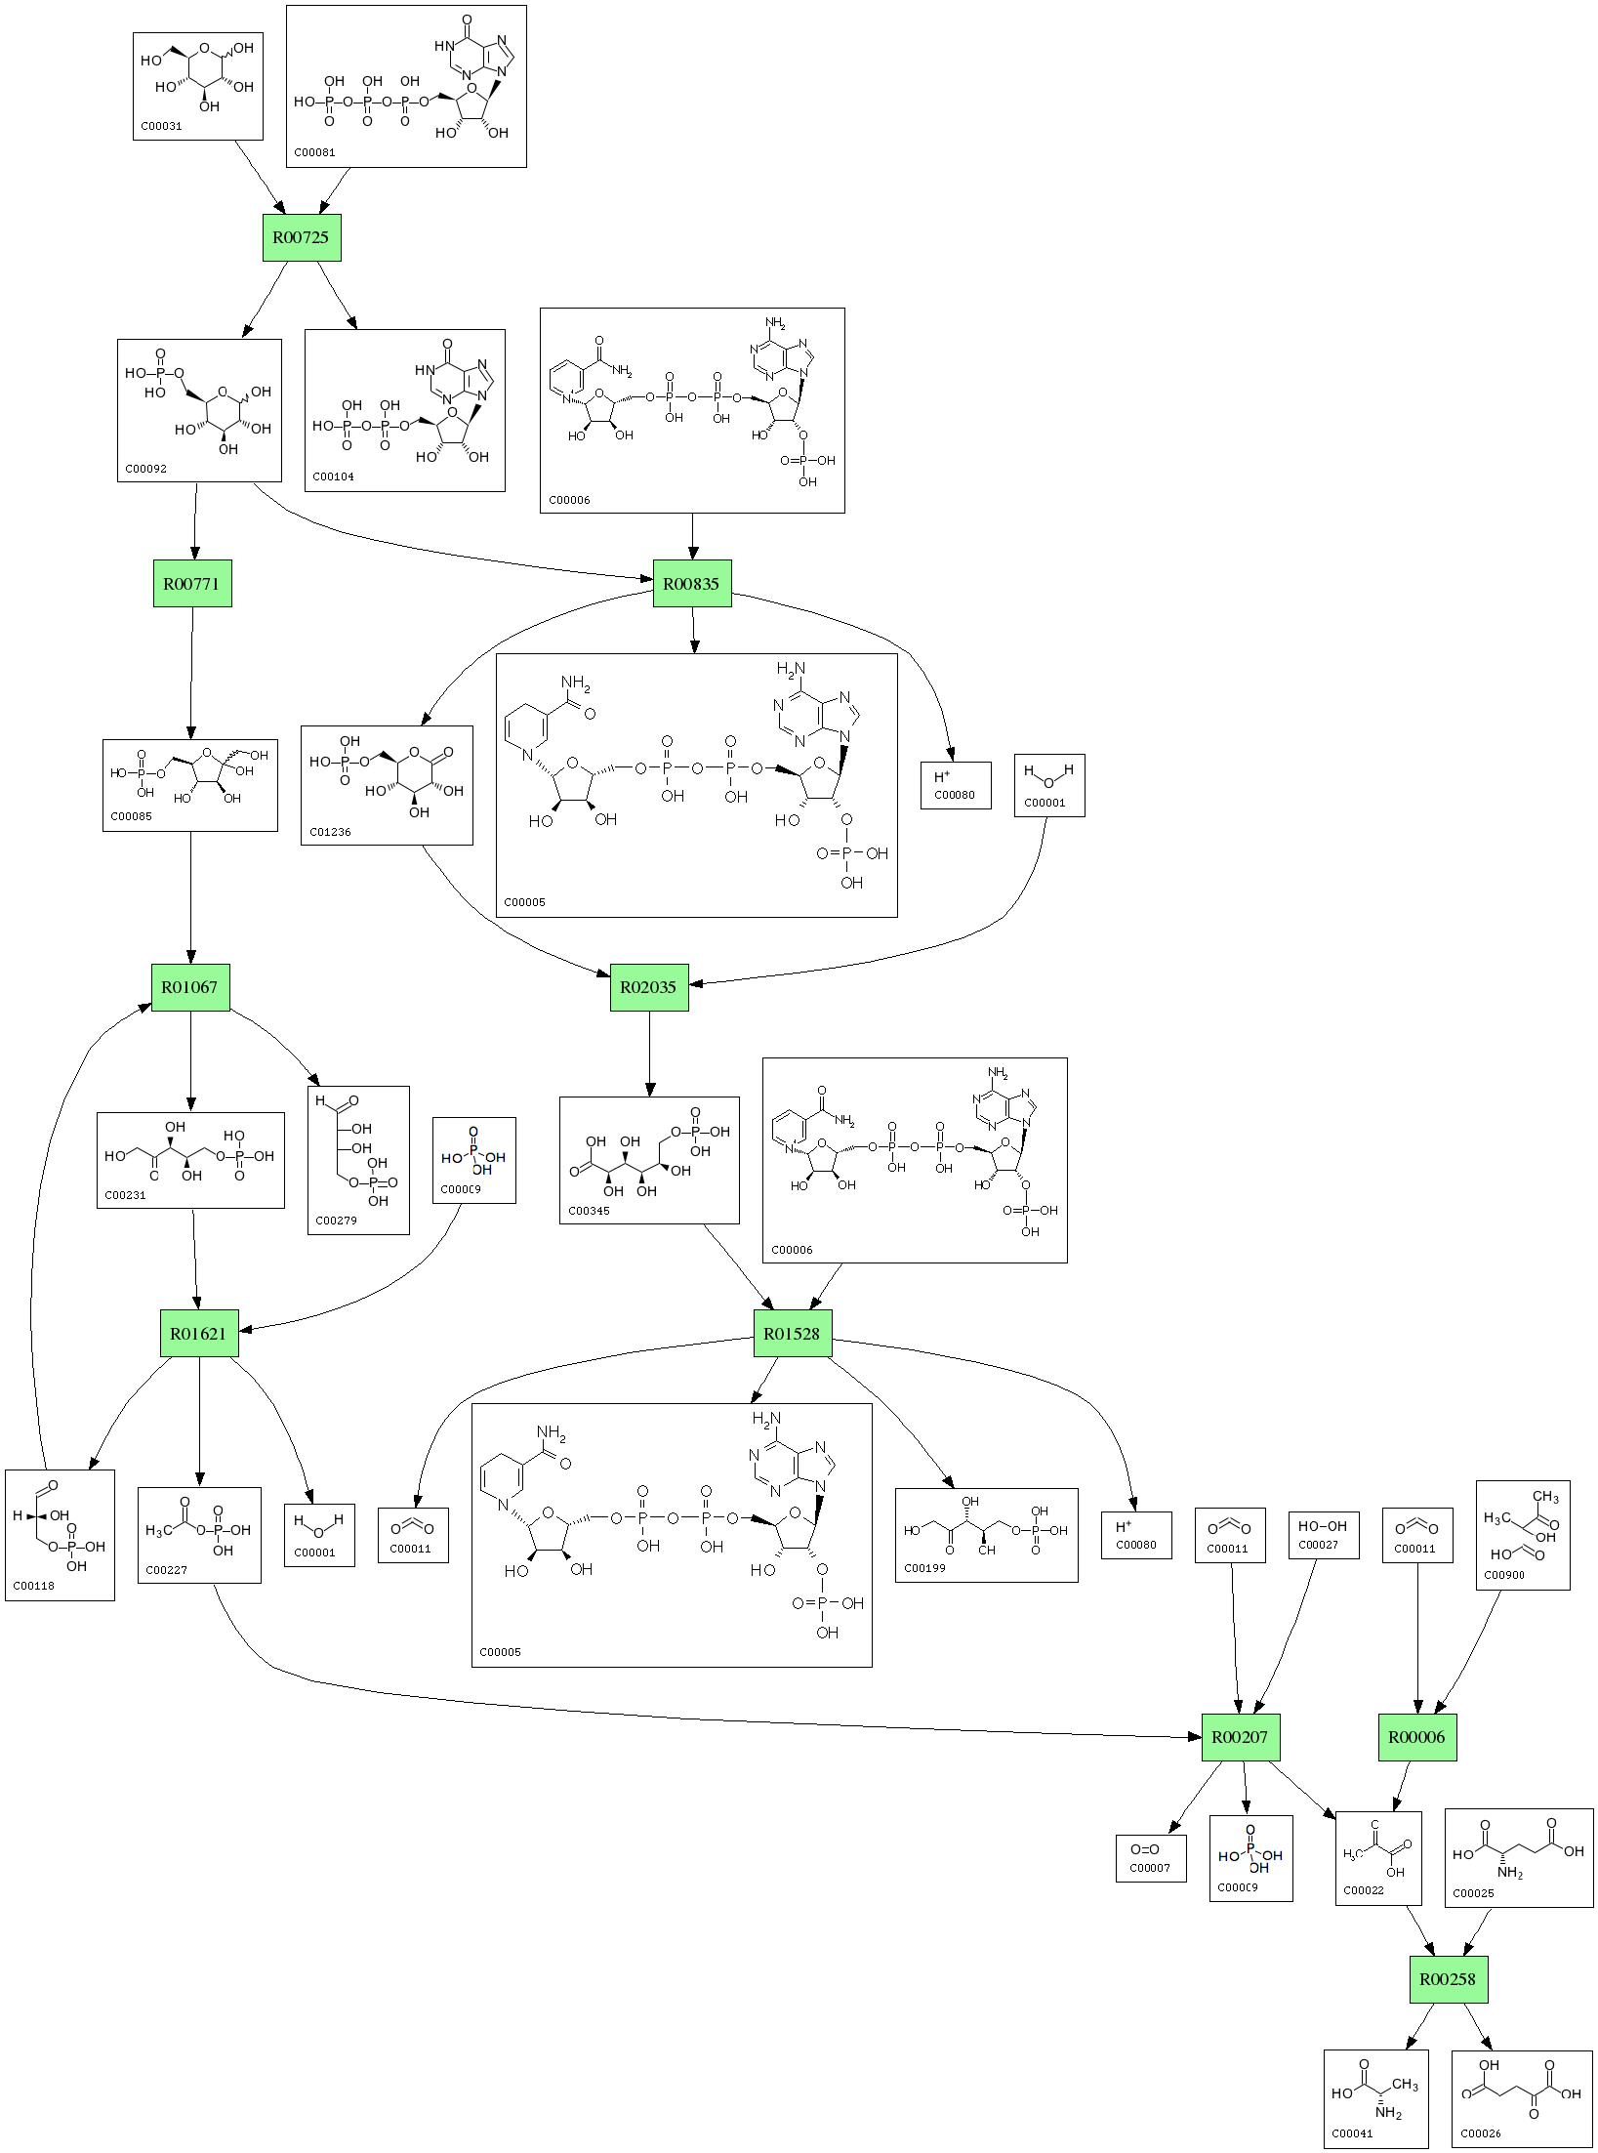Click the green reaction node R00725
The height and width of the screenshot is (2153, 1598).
point(302,237)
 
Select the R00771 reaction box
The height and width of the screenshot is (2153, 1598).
point(192,584)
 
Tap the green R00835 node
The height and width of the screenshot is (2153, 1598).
point(691,584)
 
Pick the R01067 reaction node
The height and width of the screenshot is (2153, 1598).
point(190,986)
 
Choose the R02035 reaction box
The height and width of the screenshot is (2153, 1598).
point(649,986)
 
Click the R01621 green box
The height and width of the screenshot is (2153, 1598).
point(199,1333)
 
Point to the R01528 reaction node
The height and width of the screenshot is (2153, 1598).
point(792,1333)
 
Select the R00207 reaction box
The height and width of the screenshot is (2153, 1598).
point(1240,1737)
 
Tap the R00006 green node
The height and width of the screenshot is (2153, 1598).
point(1417,1737)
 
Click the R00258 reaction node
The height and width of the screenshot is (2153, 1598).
point(1448,1979)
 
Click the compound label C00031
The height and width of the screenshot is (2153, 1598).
point(161,126)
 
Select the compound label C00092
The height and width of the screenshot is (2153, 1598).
point(145,469)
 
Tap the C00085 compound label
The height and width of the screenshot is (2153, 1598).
point(131,817)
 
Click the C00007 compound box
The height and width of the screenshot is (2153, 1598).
point(1151,1857)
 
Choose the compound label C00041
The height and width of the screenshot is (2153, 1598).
point(1352,2133)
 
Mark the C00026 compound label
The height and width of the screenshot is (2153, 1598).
point(1481,2133)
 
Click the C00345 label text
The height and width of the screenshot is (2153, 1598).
point(589,1211)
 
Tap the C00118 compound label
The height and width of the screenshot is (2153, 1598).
point(34,1587)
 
